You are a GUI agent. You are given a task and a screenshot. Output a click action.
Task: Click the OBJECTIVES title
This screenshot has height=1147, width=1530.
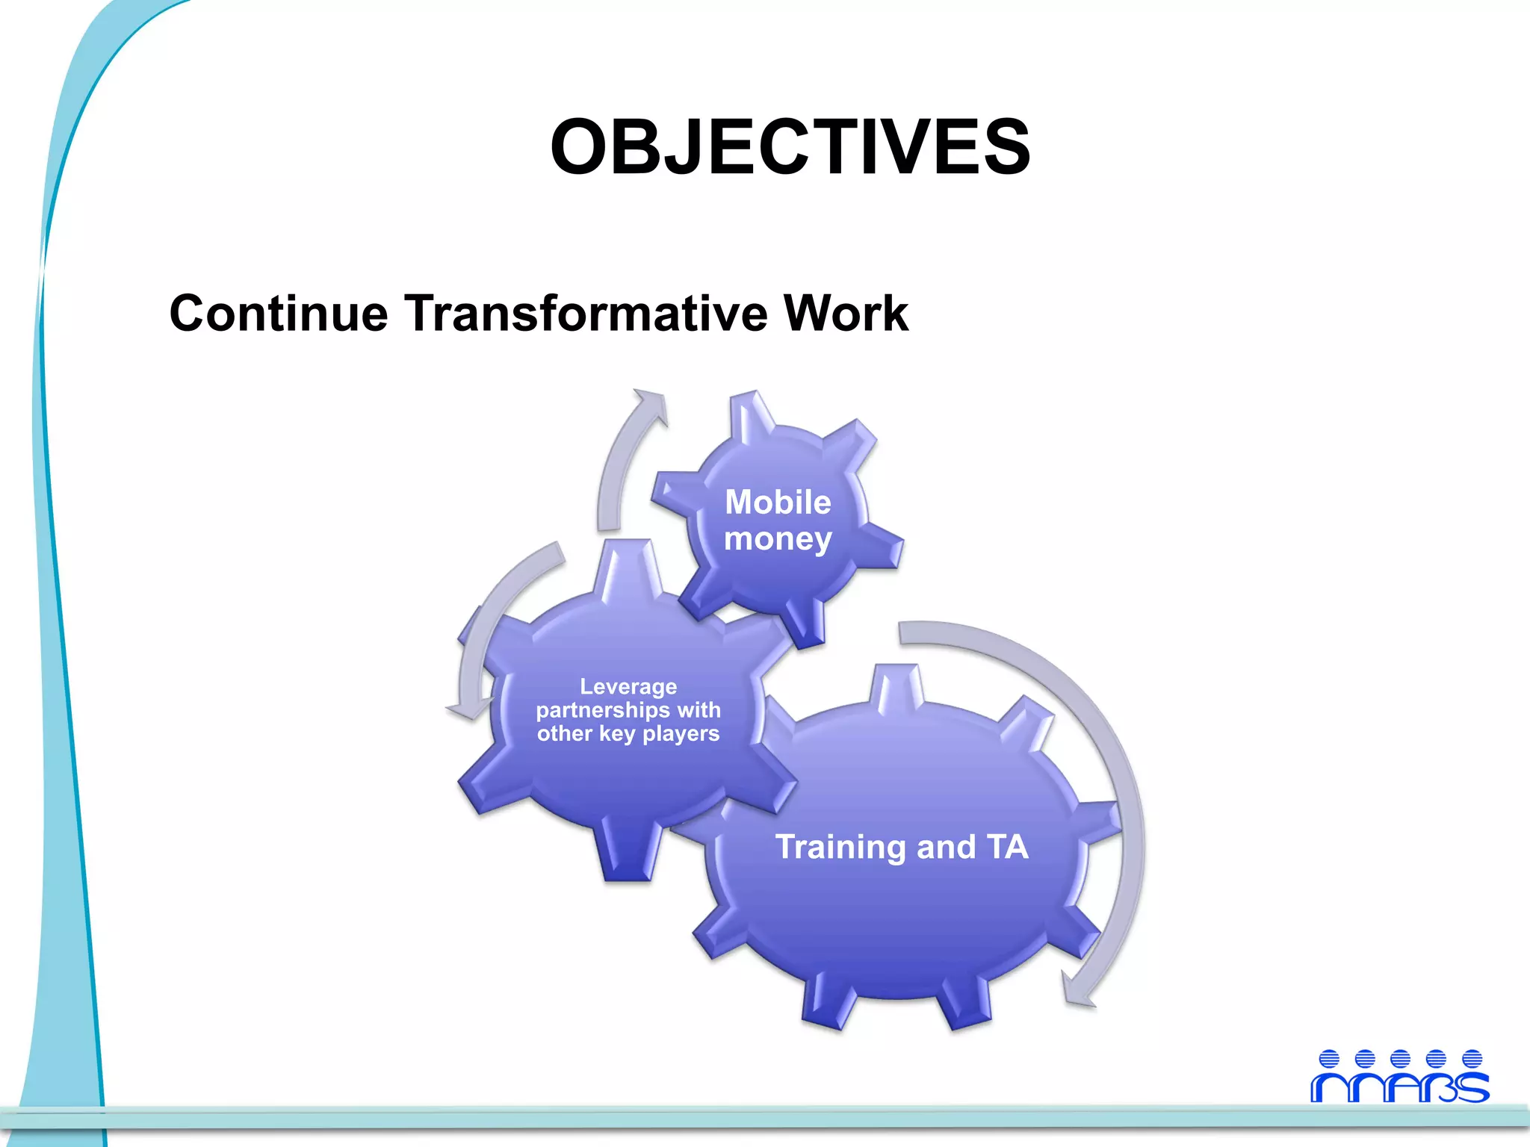(x=790, y=147)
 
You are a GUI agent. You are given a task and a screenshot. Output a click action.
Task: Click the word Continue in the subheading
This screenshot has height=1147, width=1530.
(x=279, y=313)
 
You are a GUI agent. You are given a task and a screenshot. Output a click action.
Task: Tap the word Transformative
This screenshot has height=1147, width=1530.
(x=586, y=313)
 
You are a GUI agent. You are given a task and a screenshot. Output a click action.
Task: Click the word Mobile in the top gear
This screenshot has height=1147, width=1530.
(x=778, y=502)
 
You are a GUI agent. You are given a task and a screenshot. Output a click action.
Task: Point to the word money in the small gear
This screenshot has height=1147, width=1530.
(x=778, y=539)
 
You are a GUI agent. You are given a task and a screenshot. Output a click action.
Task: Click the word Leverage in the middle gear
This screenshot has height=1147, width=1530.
(x=628, y=686)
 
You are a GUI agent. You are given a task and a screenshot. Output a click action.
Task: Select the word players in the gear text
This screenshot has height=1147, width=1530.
(x=681, y=733)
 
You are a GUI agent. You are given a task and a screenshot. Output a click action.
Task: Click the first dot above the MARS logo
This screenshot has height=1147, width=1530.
(x=1329, y=1059)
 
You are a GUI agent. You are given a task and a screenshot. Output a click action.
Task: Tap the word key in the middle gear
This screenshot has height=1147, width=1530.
(x=617, y=733)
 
